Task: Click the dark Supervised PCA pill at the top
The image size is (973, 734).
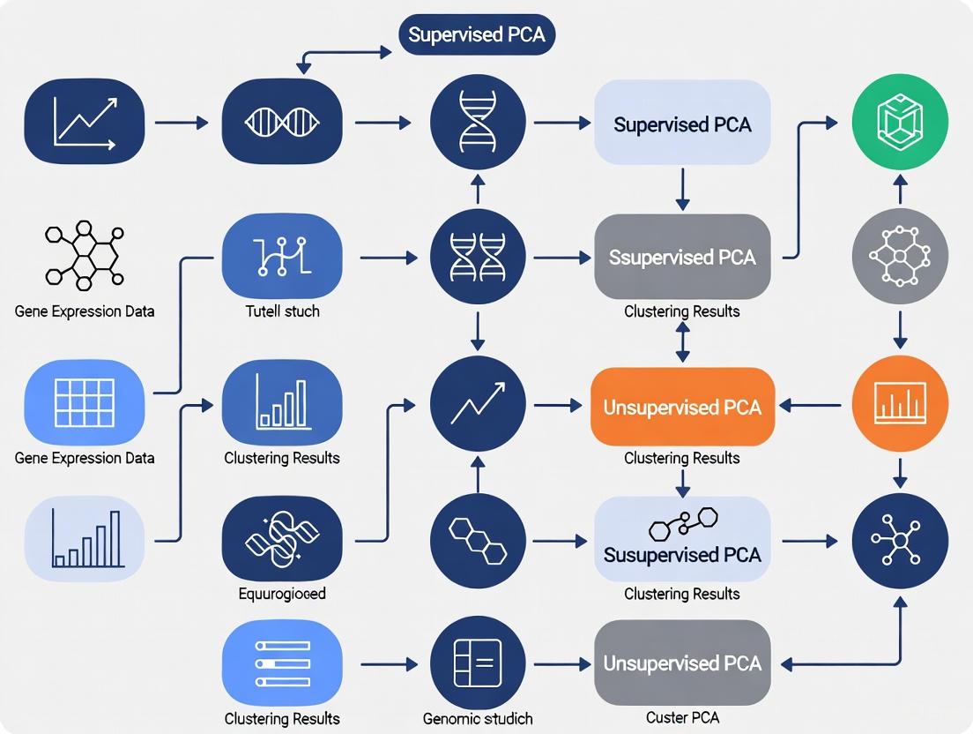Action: coord(477,36)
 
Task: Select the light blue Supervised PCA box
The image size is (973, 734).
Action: coord(682,124)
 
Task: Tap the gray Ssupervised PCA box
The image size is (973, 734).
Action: coord(682,257)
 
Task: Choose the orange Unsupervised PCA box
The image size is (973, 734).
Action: coord(682,407)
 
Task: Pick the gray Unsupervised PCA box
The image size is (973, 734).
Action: coord(682,663)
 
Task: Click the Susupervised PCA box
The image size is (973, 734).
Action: coord(682,540)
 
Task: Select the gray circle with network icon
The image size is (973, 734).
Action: coord(900,257)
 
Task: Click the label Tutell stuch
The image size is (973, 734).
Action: coord(282,311)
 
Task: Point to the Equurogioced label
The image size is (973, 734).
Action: coord(282,594)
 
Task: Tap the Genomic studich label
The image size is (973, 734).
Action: coord(477,719)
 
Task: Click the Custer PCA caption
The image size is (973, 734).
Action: coord(682,719)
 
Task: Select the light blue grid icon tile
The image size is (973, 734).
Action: coord(85,403)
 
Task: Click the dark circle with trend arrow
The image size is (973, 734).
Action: coord(477,405)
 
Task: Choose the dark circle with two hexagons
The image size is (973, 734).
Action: coord(477,540)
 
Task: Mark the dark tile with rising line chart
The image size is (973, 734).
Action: coord(85,122)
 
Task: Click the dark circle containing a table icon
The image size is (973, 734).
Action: coord(477,663)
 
